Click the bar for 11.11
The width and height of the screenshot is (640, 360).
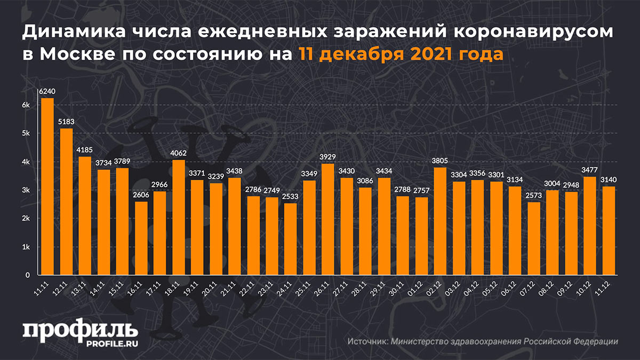click(x=47, y=187)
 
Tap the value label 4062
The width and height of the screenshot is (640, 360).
click(x=179, y=154)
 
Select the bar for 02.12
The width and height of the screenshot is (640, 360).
click(x=441, y=221)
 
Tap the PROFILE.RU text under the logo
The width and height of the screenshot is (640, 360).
click(x=109, y=343)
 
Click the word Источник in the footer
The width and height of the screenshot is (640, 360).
click(x=367, y=342)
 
